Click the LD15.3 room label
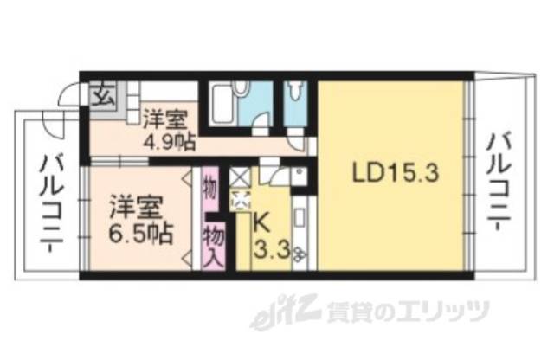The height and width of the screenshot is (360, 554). point(396,172)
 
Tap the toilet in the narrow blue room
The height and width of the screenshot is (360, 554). point(297,93)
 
